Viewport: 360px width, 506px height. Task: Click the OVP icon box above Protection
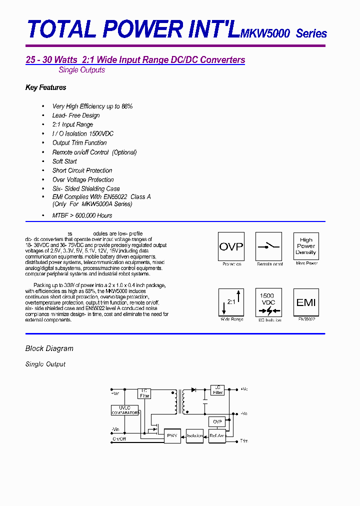click(231, 246)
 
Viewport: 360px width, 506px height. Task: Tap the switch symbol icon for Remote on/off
click(269, 246)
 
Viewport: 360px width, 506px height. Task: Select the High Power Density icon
click(306, 246)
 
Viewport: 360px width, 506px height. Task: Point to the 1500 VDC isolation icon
click(269, 302)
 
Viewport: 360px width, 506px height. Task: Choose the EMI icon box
click(306, 302)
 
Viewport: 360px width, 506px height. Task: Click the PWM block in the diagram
click(173, 435)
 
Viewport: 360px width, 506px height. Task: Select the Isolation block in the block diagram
click(195, 435)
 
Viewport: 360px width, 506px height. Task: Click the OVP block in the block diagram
click(217, 421)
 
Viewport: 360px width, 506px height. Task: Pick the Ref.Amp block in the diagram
click(217, 435)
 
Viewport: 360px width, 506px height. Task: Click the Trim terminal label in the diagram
click(244, 441)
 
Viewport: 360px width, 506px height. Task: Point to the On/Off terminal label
click(119, 438)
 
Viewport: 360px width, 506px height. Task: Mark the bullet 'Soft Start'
click(64, 161)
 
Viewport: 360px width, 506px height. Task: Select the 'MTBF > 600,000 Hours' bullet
click(82, 215)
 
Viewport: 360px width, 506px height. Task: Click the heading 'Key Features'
click(45, 87)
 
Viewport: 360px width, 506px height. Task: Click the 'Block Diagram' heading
click(49, 348)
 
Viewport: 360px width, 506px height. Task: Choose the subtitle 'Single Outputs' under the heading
click(81, 70)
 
